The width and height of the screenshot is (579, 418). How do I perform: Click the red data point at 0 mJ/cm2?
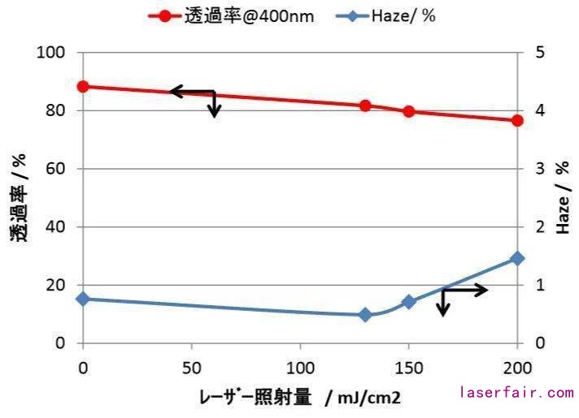pyautogui.click(x=83, y=86)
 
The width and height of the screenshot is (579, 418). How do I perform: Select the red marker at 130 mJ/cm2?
pyautogui.click(x=365, y=106)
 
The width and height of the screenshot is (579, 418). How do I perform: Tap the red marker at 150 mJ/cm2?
pyautogui.click(x=409, y=111)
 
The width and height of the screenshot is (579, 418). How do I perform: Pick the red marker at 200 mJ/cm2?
pyautogui.click(x=517, y=120)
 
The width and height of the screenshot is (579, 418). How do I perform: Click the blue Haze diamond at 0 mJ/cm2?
pyautogui.click(x=83, y=299)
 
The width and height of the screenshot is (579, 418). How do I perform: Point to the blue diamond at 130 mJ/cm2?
pyautogui.click(x=365, y=315)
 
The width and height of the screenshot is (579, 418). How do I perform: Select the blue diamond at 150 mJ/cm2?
pyautogui.click(x=409, y=302)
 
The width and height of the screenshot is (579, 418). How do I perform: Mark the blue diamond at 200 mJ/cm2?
pyautogui.click(x=517, y=258)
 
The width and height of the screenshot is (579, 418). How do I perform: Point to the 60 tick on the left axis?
pyautogui.click(x=55, y=169)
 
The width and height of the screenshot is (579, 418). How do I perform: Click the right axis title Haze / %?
pyautogui.click(x=563, y=198)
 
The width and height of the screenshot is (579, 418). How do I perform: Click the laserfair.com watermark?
pyautogui.click(x=517, y=393)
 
